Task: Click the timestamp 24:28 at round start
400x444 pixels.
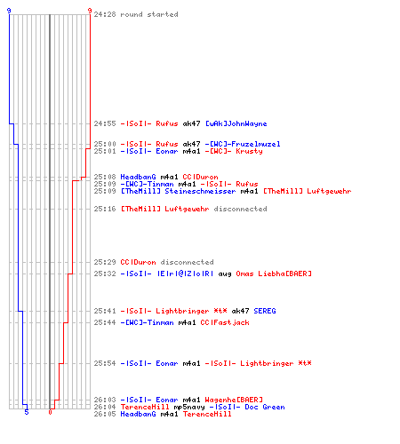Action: pos(105,14)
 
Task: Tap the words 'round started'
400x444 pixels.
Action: pos(149,14)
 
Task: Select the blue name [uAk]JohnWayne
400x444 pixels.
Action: pos(236,123)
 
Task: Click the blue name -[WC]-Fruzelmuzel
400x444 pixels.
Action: pos(243,144)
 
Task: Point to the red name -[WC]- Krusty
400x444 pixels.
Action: pos(234,151)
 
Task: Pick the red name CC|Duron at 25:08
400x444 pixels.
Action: pos(200,177)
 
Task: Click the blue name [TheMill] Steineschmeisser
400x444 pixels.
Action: pos(178,191)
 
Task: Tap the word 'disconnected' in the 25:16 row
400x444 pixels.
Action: pos(240,209)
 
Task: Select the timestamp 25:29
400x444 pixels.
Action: pos(105,262)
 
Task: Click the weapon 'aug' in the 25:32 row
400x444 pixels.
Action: pos(225,274)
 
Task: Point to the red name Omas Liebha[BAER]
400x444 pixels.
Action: pos(274,274)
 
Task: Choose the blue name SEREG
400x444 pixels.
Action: pos(265,311)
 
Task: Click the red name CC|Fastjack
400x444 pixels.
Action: pos(225,322)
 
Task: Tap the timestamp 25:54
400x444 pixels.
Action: pos(105,363)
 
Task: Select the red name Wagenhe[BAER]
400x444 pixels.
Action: pos(234,400)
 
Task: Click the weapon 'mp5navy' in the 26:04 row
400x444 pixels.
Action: pos(189,408)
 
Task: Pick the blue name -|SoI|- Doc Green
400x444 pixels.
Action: pos(247,407)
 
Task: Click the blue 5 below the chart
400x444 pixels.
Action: pos(27,412)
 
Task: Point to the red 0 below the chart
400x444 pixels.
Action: pos(50,412)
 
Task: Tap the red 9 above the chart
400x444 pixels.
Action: pos(90,11)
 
